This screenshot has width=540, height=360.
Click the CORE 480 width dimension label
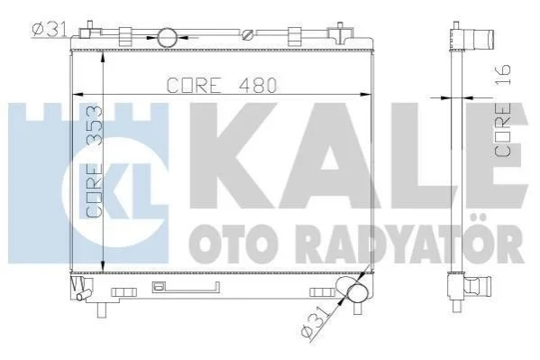pyautogui.click(x=222, y=85)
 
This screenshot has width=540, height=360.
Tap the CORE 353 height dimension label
pyautogui.click(x=95, y=162)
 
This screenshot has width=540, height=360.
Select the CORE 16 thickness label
pyautogui.click(x=502, y=110)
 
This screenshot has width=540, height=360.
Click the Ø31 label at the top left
pyautogui.click(x=50, y=29)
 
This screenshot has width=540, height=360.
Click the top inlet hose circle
pyautogui.click(x=168, y=37)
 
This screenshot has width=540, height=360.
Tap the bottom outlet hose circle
pyautogui.click(x=358, y=293)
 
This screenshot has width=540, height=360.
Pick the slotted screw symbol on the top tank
pyautogui.click(x=247, y=35)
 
